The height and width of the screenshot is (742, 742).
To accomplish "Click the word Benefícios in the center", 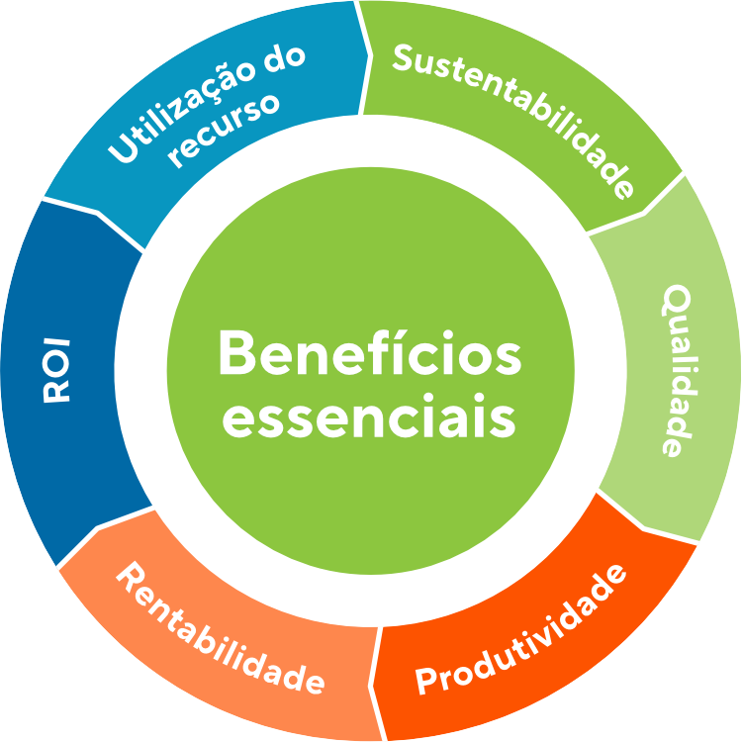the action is [x=370, y=352].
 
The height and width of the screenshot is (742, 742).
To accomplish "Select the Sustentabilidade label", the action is [x=513, y=120].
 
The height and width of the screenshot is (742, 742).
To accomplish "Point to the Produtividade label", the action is [x=520, y=629].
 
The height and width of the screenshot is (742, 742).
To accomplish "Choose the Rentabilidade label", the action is [x=221, y=628].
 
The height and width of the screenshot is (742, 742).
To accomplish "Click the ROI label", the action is [x=56, y=371].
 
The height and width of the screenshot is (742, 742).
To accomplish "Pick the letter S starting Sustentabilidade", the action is [x=404, y=57].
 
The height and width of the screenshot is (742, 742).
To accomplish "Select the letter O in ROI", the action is [x=56, y=371].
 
